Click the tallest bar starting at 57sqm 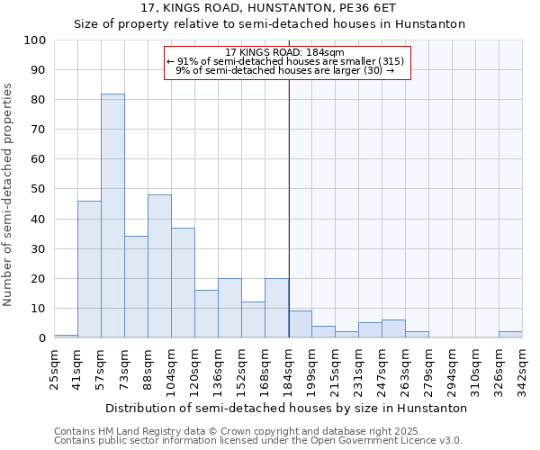click(x=112, y=216)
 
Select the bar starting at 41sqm click(x=89, y=269)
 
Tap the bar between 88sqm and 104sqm click(x=159, y=266)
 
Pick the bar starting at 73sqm click(x=136, y=287)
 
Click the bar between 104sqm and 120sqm click(x=183, y=283)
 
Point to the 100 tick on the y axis click(x=35, y=40)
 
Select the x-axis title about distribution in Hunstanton click(x=286, y=408)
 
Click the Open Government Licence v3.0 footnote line click(x=258, y=440)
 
